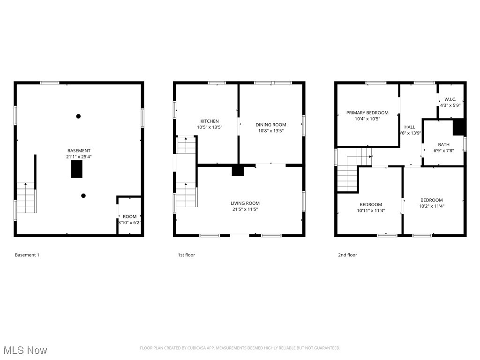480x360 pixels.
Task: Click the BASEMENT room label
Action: (x=79, y=150)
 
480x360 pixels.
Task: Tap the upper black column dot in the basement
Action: (x=78, y=116)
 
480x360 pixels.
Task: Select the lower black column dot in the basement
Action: (x=83, y=196)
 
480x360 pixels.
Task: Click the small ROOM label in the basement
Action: (x=129, y=217)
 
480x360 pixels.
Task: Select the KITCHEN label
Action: (x=209, y=121)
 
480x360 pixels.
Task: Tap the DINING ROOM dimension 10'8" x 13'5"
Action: (x=270, y=131)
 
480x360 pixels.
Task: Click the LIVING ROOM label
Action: (x=245, y=203)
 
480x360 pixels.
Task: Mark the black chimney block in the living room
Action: (x=238, y=171)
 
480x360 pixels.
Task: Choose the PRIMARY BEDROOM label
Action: (x=367, y=112)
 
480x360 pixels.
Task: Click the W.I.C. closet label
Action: (x=450, y=99)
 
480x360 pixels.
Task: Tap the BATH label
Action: (x=443, y=144)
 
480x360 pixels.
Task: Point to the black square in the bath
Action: (x=458, y=127)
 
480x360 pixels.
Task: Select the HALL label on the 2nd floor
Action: (x=409, y=127)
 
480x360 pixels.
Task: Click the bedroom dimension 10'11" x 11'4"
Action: (x=370, y=211)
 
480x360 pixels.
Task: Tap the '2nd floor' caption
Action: (x=347, y=255)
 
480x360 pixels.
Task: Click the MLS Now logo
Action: (x=25, y=350)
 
